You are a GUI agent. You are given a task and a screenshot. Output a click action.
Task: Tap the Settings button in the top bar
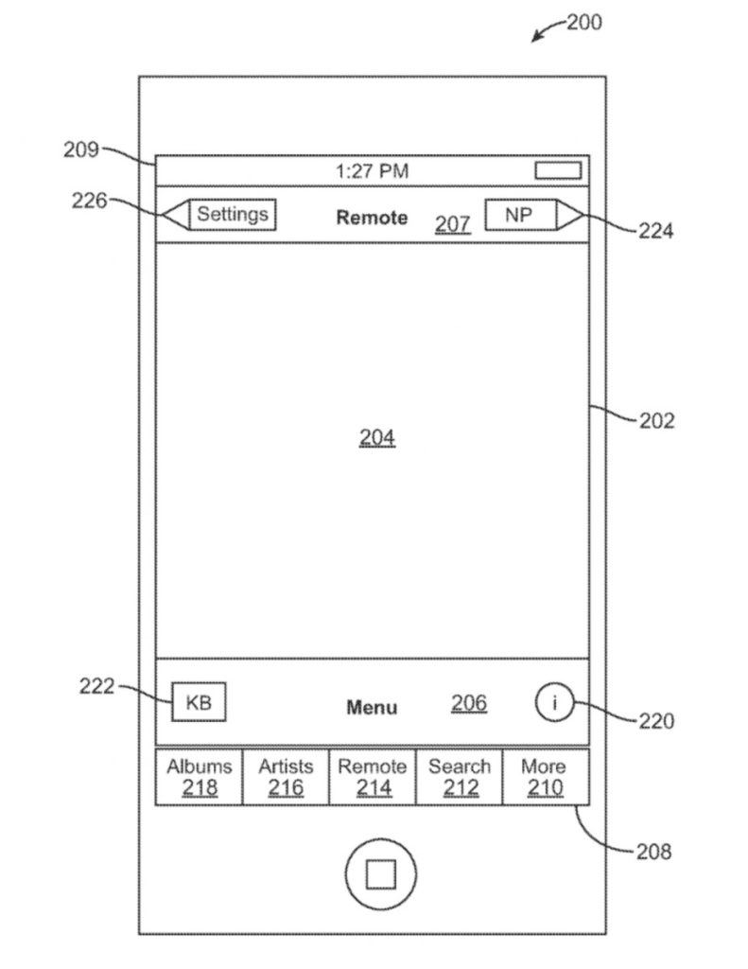[x=232, y=215]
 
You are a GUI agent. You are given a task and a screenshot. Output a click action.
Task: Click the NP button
[x=518, y=215]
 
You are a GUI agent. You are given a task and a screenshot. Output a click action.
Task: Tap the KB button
[x=199, y=703]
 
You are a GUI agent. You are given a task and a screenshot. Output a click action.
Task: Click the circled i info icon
[x=554, y=703]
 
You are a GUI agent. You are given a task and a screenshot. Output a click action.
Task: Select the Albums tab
[x=199, y=777]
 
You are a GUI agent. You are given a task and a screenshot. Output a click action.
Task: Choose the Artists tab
[x=286, y=777]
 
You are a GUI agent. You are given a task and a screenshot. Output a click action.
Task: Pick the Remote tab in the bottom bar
[x=373, y=777]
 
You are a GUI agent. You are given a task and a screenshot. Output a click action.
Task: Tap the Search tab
[x=460, y=777]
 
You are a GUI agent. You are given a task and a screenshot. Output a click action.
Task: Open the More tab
[x=545, y=777]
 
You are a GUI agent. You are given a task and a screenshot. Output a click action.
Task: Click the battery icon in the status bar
[x=558, y=171]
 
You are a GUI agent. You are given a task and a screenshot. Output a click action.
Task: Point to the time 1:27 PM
[x=373, y=171]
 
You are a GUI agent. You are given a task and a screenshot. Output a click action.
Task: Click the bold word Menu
[x=372, y=707]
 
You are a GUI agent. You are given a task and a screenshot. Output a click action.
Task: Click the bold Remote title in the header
[x=372, y=218]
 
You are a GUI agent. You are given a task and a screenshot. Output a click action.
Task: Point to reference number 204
[x=377, y=437]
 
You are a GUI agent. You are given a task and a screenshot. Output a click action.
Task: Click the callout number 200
[x=583, y=22]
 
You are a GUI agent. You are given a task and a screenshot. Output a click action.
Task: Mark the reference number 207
[x=452, y=224]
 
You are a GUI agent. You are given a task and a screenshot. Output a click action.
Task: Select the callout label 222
[x=96, y=686]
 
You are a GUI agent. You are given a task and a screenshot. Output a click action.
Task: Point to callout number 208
[x=652, y=851]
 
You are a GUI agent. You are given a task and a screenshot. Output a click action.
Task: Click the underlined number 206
[x=469, y=703]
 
